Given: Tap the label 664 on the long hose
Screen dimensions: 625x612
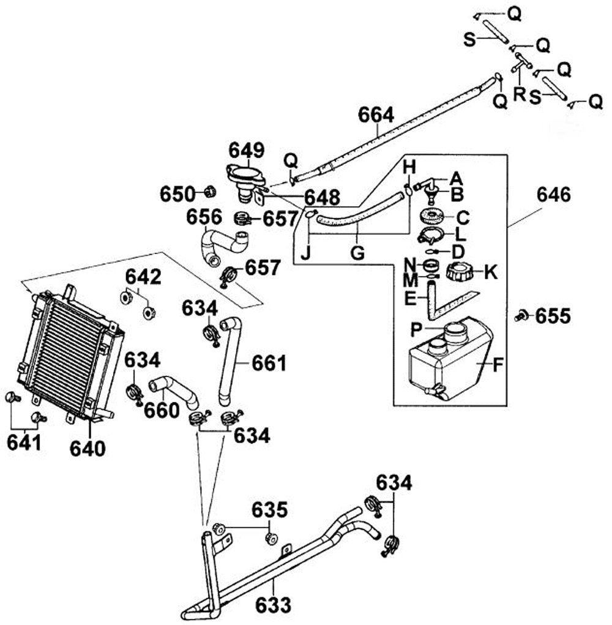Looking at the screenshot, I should coord(376,115).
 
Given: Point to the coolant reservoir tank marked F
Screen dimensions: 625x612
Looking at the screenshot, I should coord(450,361).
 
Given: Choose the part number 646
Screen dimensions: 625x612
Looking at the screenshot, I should coord(554,195).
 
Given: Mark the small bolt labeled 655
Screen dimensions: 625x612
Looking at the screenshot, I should coord(521,316).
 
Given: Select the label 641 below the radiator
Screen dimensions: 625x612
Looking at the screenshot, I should coord(24,442).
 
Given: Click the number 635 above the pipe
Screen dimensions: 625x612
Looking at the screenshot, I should coord(269,510).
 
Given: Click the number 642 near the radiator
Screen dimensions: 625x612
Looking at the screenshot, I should coord(143,277).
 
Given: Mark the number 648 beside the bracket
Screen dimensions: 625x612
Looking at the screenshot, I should coord(323,197).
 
